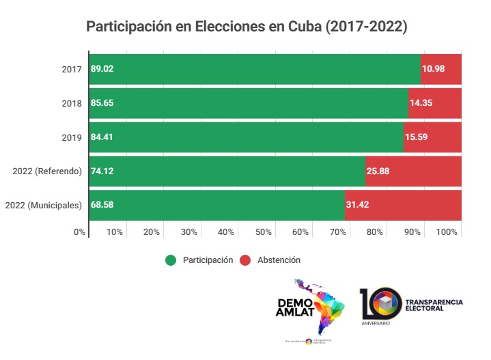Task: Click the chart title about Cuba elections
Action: (246, 27)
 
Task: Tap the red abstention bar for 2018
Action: (435, 102)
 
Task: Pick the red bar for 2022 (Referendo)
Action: (414, 171)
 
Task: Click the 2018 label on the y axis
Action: (71, 103)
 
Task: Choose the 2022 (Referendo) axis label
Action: (47, 171)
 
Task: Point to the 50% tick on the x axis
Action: (264, 232)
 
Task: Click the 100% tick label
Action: (447, 232)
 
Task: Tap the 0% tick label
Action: (80, 232)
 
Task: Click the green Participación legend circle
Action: (171, 260)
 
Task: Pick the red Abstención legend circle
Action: (245, 260)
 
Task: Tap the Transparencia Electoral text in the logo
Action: (434, 305)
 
